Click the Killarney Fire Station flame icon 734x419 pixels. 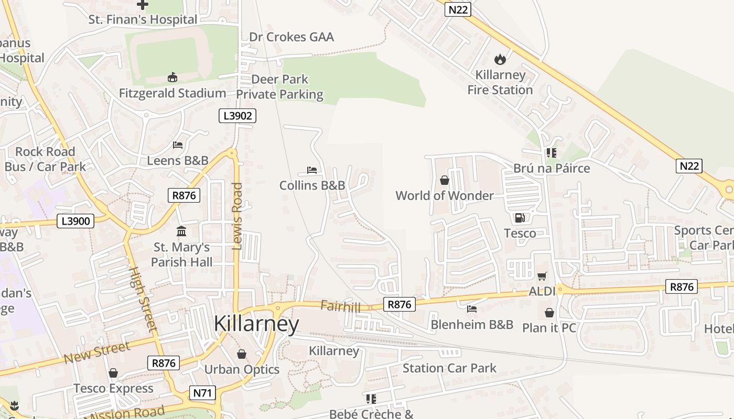[500, 59]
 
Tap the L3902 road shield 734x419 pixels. [238, 116]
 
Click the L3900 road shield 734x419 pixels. [75, 221]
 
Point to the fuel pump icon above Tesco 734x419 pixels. [520, 217]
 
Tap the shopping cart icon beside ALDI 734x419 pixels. [542, 276]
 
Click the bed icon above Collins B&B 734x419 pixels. [312, 170]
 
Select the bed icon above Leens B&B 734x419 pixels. [178, 145]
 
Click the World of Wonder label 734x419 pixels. [445, 196]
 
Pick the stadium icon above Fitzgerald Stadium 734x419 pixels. [172, 78]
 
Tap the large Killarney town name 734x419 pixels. [256, 324]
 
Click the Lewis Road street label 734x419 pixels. [238, 216]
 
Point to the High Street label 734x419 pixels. [143, 299]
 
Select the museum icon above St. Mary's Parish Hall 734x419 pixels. [181, 231]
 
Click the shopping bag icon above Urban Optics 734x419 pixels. [242, 354]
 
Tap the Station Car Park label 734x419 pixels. [449, 368]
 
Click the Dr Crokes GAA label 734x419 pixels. [292, 37]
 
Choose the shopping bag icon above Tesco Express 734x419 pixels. [113, 373]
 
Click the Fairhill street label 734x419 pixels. [341, 306]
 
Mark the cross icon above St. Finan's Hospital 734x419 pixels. [142, 5]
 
